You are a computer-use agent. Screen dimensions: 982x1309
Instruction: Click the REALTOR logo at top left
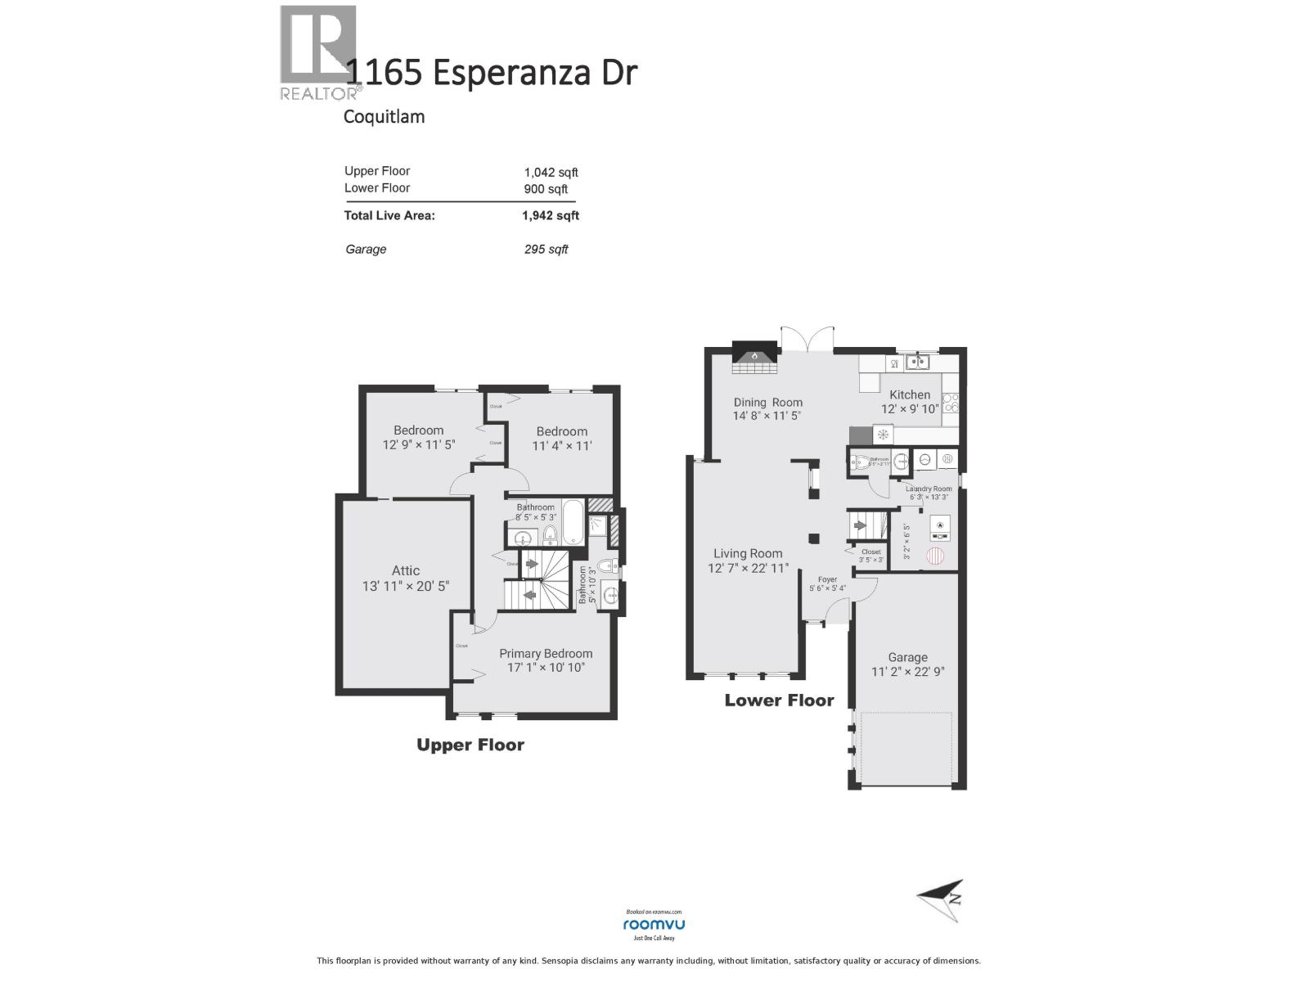coord(317,51)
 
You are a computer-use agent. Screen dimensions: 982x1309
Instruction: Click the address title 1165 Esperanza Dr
coord(492,72)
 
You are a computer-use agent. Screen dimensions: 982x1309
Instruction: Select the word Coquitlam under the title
coord(384,116)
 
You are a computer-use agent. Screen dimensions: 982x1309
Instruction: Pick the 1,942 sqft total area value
coord(550,216)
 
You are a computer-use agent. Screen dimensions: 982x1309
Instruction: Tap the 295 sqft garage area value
coord(546,250)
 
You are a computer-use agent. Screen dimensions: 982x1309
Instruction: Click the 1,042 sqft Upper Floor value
coord(551,172)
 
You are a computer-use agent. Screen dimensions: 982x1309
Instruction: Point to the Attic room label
coord(405,570)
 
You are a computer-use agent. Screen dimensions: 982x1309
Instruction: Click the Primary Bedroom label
coord(546,653)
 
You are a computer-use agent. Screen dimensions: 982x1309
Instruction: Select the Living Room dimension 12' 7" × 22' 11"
coord(748,568)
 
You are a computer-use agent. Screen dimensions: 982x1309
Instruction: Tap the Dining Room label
coord(767,402)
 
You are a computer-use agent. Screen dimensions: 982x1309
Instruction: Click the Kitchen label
coord(910,394)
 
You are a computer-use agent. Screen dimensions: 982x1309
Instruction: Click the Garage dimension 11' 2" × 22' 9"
coord(907,673)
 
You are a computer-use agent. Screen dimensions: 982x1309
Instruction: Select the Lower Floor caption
coord(779,700)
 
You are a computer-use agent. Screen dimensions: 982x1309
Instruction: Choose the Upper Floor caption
coord(470,745)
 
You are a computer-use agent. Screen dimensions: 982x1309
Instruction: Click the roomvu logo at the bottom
coord(654,924)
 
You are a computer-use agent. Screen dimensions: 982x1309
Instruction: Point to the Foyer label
coord(827,579)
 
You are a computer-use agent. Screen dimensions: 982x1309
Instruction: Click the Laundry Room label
coord(929,489)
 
